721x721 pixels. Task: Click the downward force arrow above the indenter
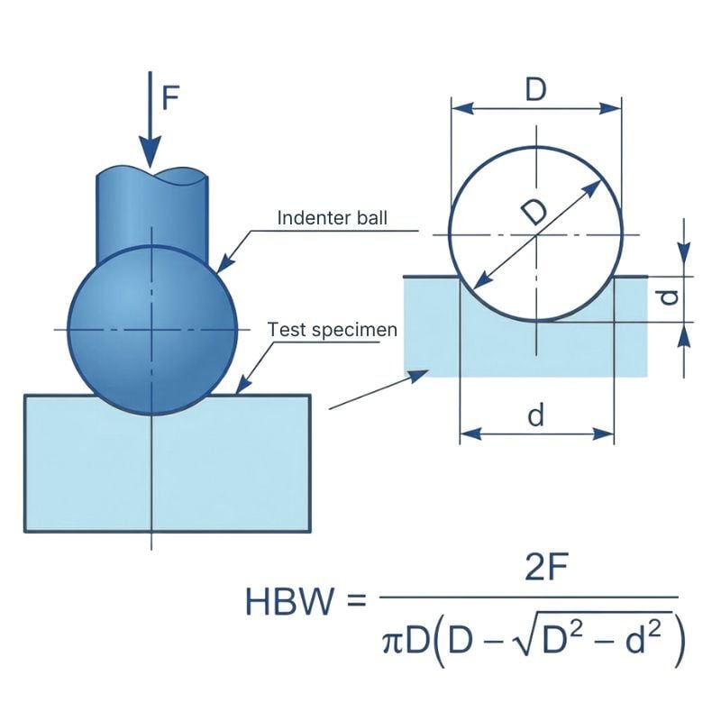(x=150, y=126)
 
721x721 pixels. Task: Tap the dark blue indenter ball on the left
(x=152, y=329)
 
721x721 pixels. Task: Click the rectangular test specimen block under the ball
(x=167, y=464)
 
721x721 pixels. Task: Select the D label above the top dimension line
(x=536, y=90)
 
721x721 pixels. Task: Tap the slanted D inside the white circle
(x=534, y=212)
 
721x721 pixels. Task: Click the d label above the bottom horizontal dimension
(x=536, y=415)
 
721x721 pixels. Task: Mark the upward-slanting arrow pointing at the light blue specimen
(x=379, y=389)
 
